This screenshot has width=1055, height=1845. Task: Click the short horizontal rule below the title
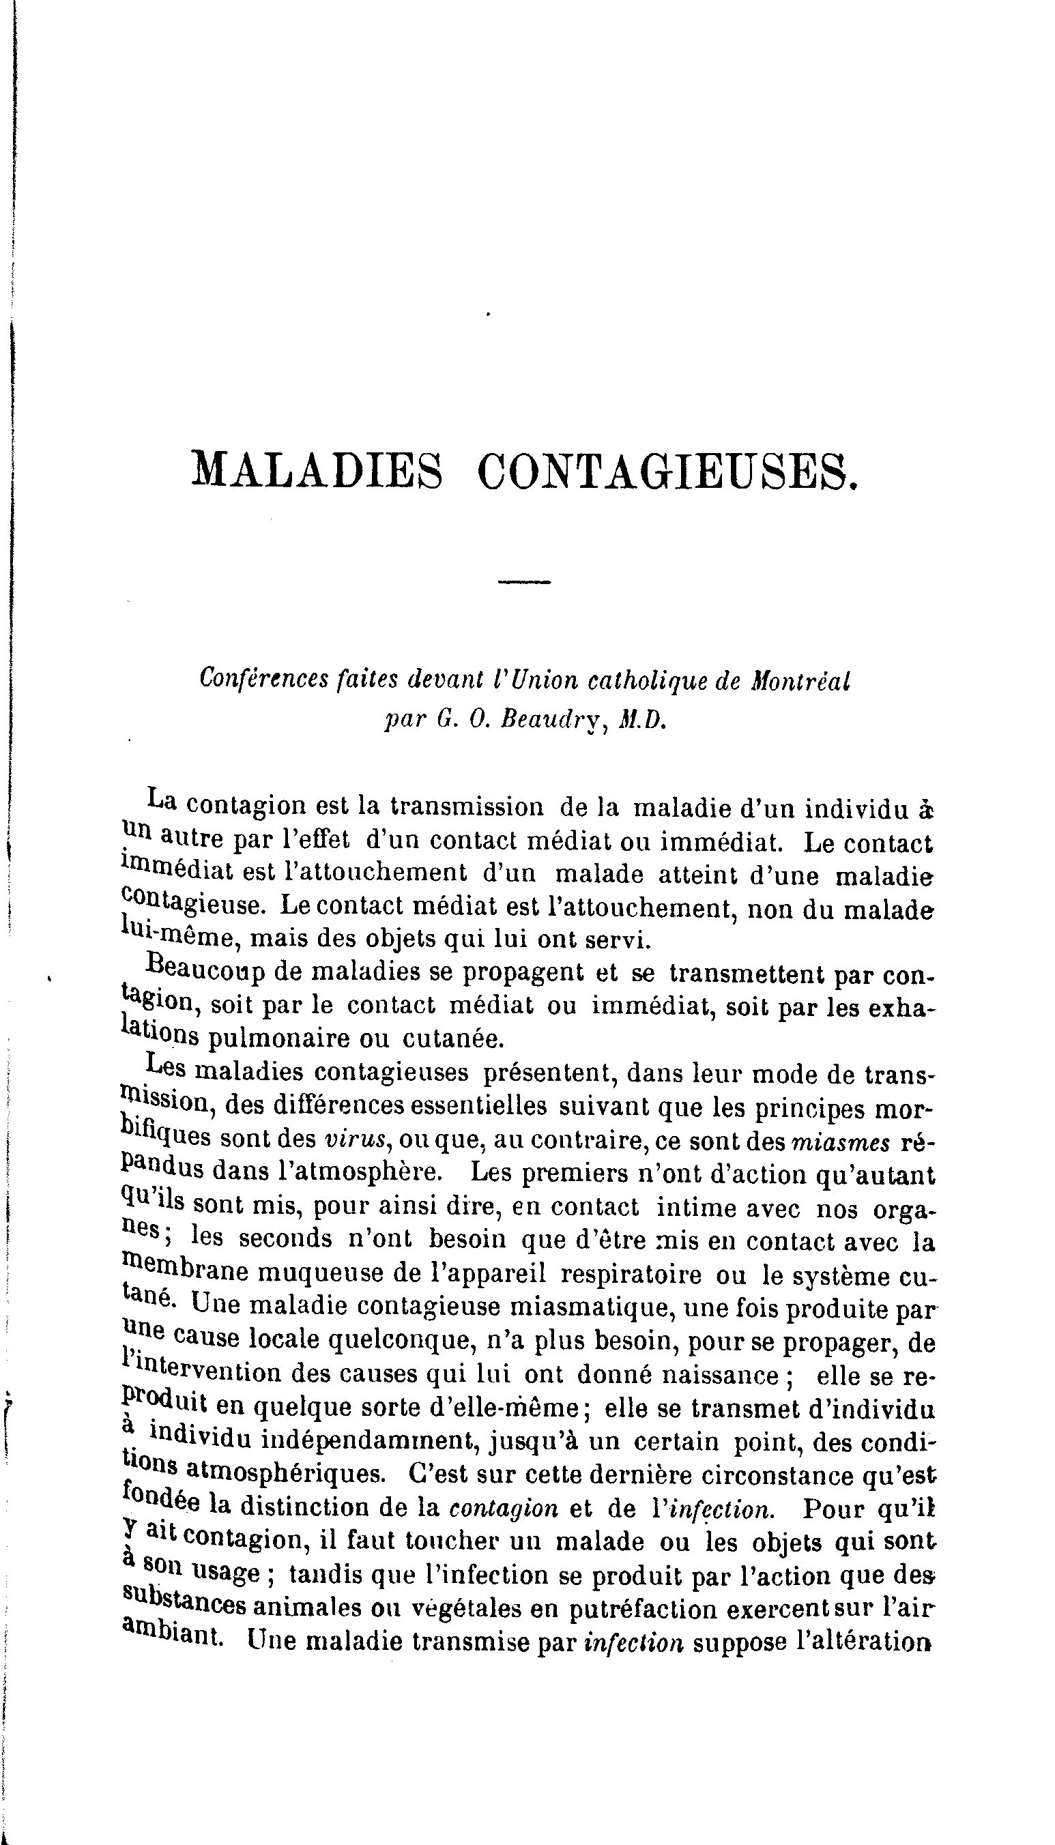525,581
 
